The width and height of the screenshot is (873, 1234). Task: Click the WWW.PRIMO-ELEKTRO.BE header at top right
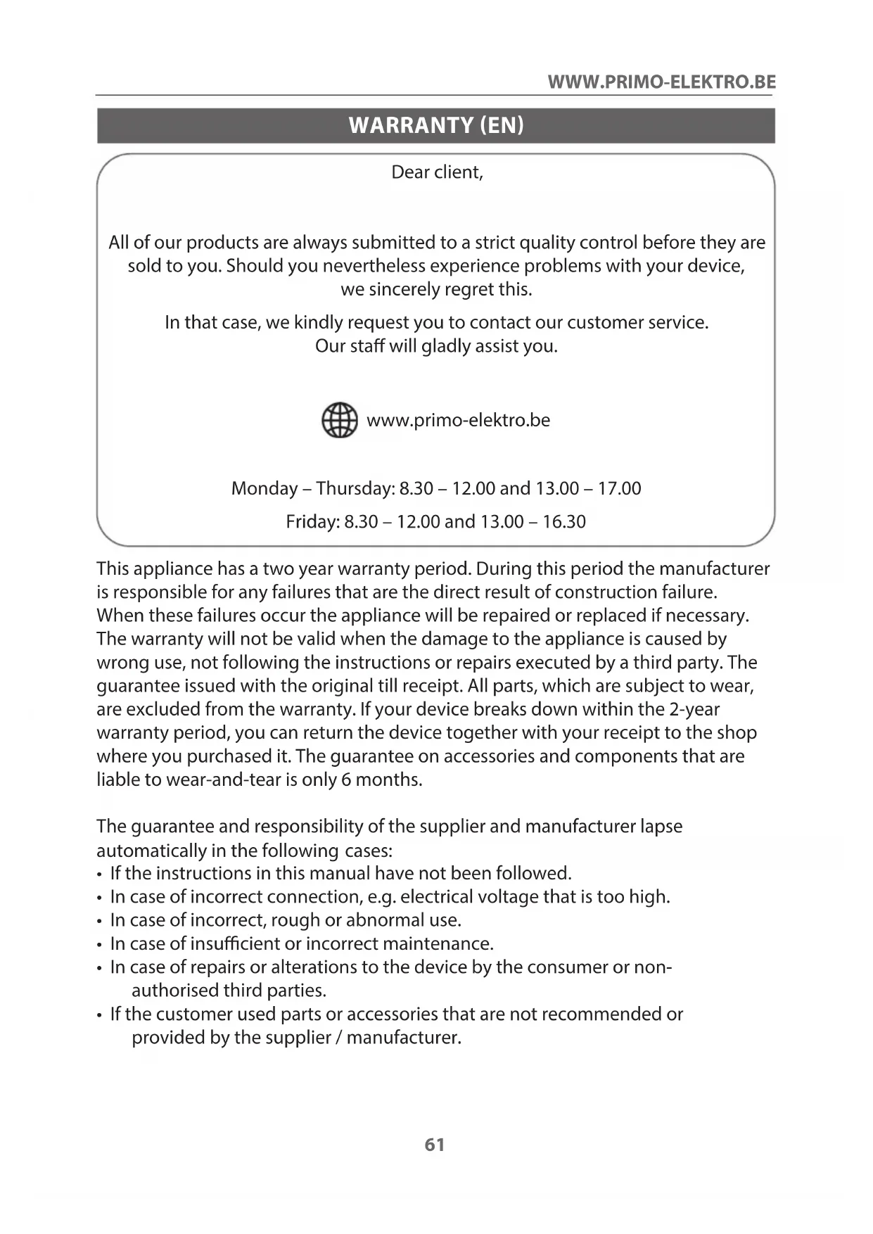click(661, 82)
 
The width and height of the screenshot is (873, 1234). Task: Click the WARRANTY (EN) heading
click(436, 125)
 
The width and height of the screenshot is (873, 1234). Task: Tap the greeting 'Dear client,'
click(437, 172)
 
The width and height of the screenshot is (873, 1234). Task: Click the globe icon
click(339, 421)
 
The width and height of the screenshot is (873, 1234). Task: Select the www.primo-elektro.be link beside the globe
click(458, 421)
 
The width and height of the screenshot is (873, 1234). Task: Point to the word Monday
click(264, 488)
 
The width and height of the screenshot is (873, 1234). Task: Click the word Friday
click(312, 522)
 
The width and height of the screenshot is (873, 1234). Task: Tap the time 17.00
click(619, 488)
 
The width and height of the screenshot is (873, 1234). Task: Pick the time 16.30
click(563, 522)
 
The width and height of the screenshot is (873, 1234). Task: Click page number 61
click(435, 1145)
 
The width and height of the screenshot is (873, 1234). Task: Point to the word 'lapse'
click(661, 827)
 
